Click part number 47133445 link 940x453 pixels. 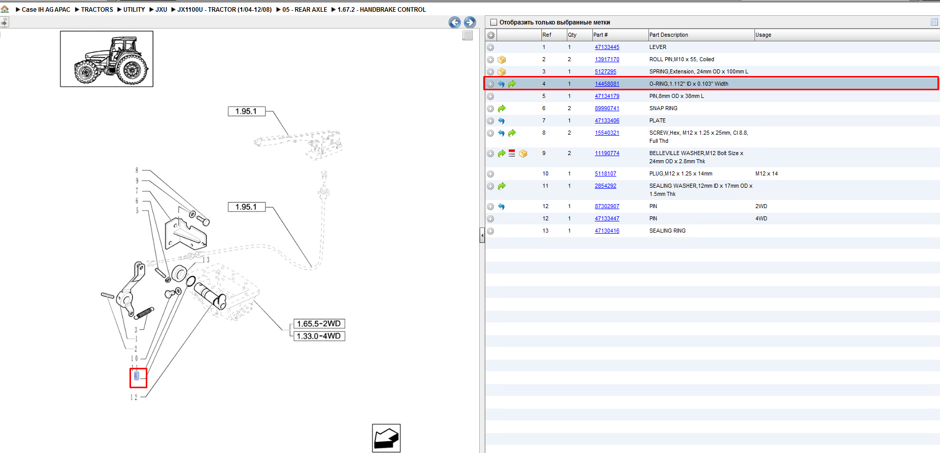click(x=607, y=47)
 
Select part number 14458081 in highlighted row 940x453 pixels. click(x=607, y=84)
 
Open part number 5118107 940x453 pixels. click(x=605, y=173)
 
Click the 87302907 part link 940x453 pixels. click(x=607, y=206)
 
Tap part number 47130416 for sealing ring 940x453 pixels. click(x=607, y=231)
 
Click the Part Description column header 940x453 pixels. click(x=668, y=35)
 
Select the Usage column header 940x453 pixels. click(x=763, y=35)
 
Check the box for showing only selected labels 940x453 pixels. click(x=493, y=22)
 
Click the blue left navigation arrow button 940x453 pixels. click(x=455, y=22)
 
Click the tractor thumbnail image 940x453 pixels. click(x=107, y=59)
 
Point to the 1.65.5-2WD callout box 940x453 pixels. click(x=319, y=323)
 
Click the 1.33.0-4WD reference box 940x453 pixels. click(x=319, y=336)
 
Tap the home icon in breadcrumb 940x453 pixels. click(x=5, y=9)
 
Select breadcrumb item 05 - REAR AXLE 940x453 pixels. click(x=305, y=9)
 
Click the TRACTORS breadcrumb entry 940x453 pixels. click(x=97, y=9)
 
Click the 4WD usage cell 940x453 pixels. click(x=761, y=218)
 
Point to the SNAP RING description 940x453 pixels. click(x=663, y=108)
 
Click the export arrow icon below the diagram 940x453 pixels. click(x=386, y=438)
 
